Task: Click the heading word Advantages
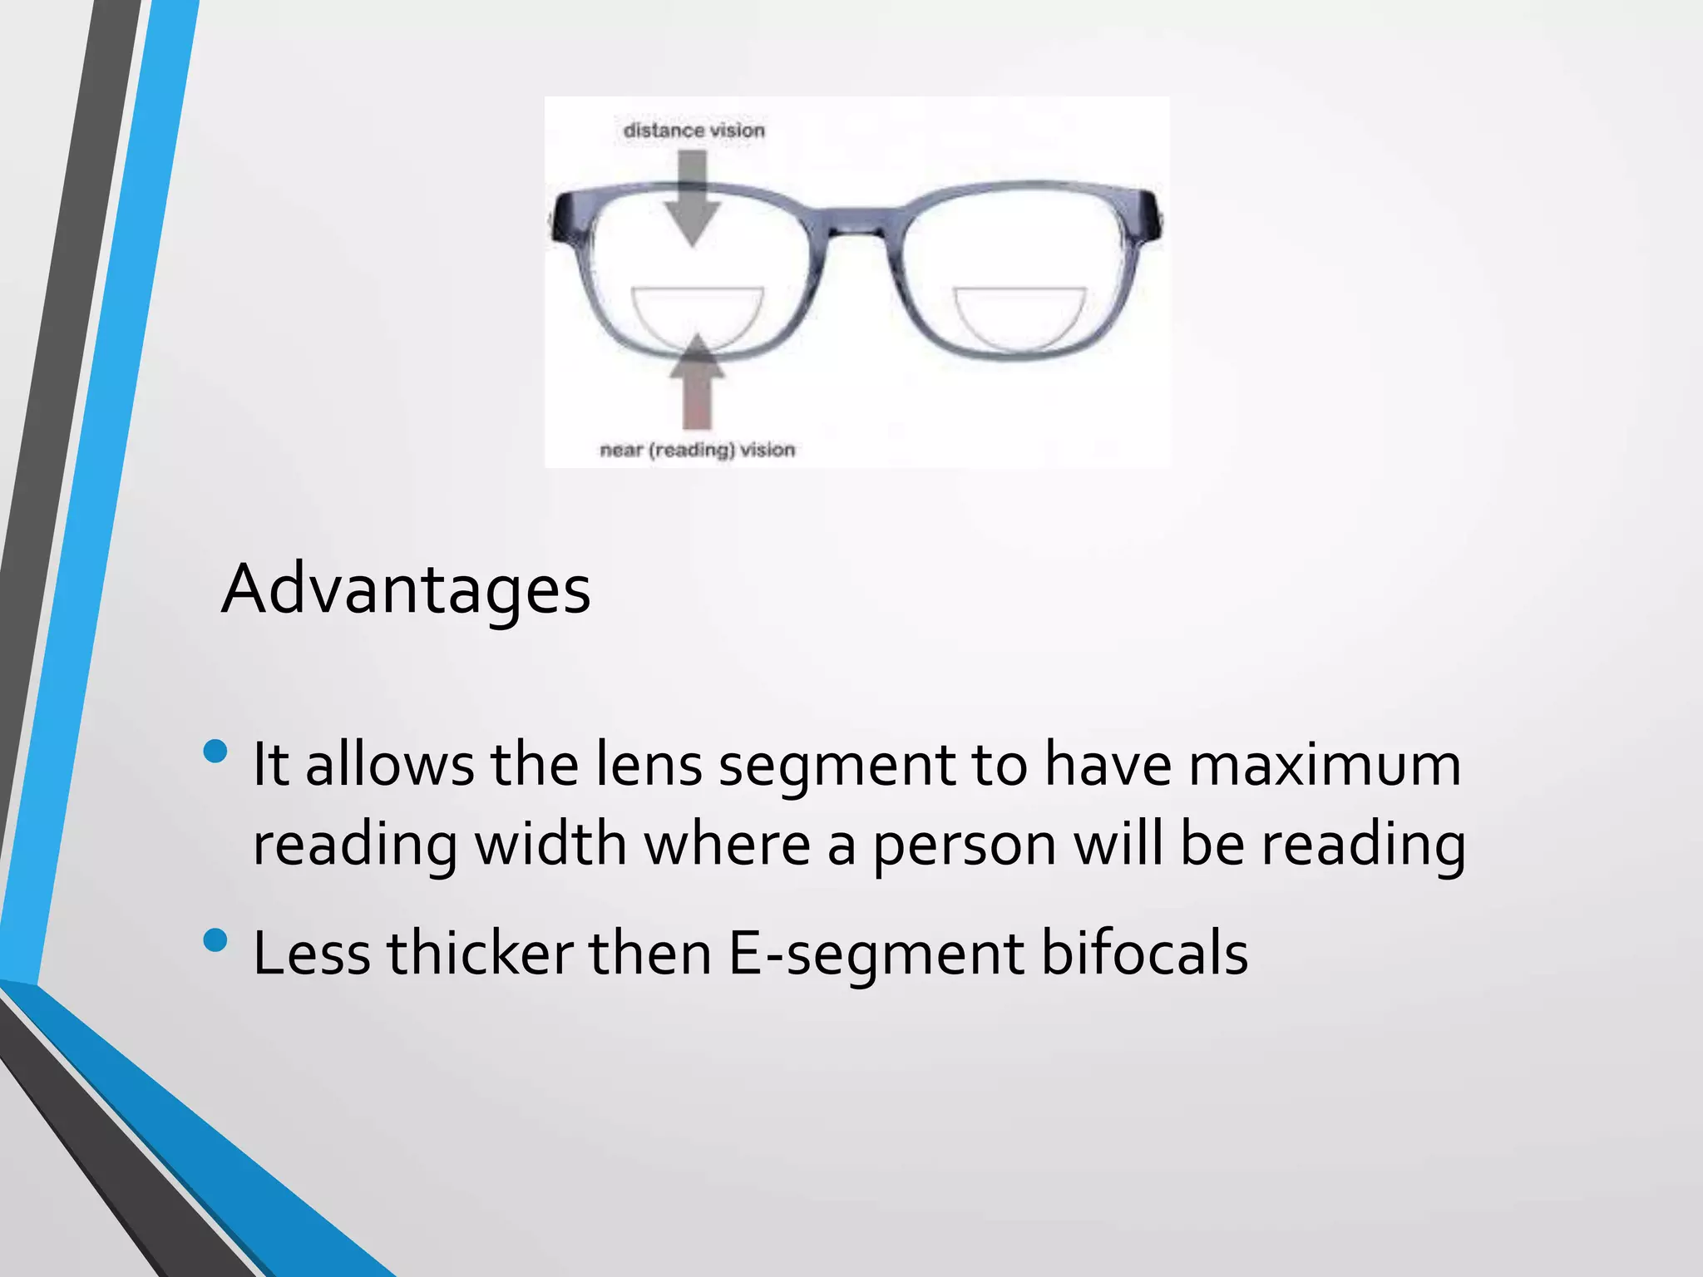click(x=406, y=589)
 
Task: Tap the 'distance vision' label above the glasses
click(x=694, y=131)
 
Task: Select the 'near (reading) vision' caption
click(x=697, y=450)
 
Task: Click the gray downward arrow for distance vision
click(x=692, y=200)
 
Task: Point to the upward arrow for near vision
click(x=697, y=382)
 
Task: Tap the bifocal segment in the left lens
click(x=697, y=316)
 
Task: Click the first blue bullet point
click(x=215, y=752)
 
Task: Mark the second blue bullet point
click(x=215, y=940)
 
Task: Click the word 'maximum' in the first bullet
click(x=1324, y=765)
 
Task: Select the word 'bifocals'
click(x=1144, y=953)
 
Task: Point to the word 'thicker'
click(x=480, y=953)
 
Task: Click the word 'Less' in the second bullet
click(x=311, y=953)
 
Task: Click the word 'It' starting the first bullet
click(x=270, y=765)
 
